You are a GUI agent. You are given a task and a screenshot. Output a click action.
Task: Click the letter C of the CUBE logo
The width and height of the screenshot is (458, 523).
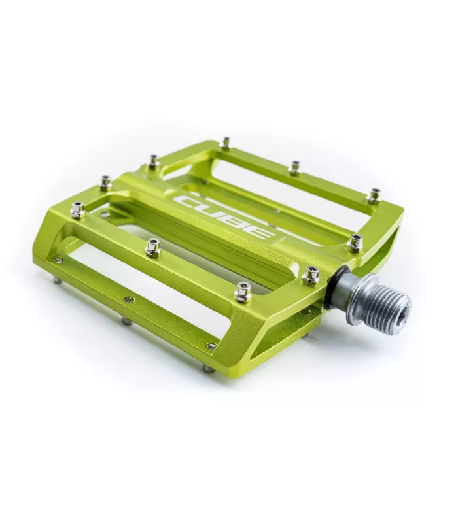coord(187,201)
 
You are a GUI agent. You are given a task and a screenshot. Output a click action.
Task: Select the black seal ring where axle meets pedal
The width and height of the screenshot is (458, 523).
coord(332,284)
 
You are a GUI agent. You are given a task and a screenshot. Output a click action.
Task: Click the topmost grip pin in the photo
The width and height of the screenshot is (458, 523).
coord(226,142)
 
